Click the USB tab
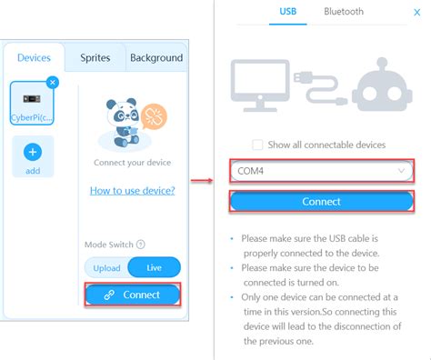288,12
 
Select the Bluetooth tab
344,12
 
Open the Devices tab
34,58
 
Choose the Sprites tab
95,58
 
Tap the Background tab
155,58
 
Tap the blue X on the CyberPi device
52,83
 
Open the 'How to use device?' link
133,190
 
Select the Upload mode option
106,267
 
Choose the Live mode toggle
154,267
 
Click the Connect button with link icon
133,295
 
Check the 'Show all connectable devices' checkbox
257,145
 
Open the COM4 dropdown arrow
401,170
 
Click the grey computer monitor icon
268,86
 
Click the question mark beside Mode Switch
141,245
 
